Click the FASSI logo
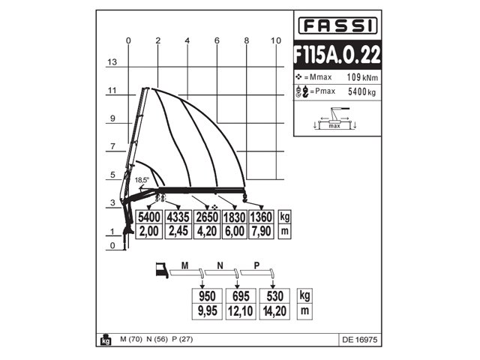[335, 26]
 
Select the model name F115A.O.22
[335, 55]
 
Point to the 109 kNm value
[362, 78]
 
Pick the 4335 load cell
[178, 217]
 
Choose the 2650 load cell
[206, 217]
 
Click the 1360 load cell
[262, 217]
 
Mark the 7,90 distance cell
[262, 232]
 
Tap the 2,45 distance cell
[178, 232]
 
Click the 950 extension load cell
[208, 295]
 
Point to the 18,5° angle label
[142, 180]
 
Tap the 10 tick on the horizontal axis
[276, 40]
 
